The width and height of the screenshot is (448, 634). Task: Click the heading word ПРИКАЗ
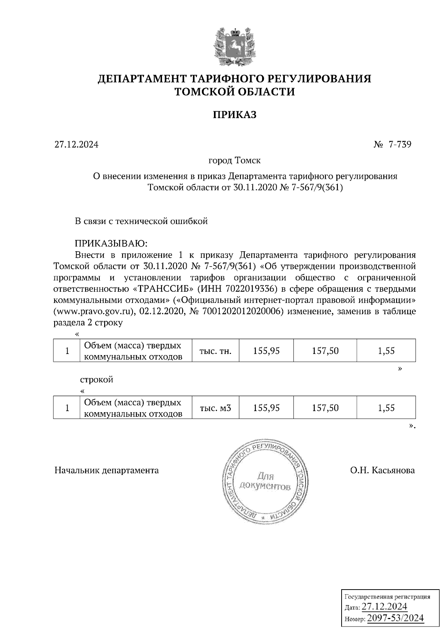tap(234, 115)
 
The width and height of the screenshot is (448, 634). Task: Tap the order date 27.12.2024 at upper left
tap(77, 144)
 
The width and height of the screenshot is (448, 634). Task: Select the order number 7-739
tap(400, 144)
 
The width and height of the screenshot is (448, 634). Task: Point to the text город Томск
tap(234, 161)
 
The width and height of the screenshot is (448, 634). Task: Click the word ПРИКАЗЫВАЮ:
tap(111, 244)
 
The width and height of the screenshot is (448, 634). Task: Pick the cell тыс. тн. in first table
tap(215, 351)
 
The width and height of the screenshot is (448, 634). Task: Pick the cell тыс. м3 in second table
tap(215, 408)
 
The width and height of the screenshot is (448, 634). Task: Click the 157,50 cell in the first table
tap(325, 351)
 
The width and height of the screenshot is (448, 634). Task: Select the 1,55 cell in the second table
tap(386, 408)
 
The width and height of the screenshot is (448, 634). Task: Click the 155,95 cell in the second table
tap(266, 408)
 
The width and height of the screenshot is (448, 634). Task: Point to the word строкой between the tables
tap(97, 380)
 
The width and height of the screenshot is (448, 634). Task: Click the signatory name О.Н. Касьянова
tap(382, 470)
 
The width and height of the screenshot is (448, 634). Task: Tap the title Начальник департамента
tap(106, 470)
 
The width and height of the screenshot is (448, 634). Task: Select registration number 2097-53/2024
tap(395, 618)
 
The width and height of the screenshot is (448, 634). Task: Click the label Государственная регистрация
tap(387, 596)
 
